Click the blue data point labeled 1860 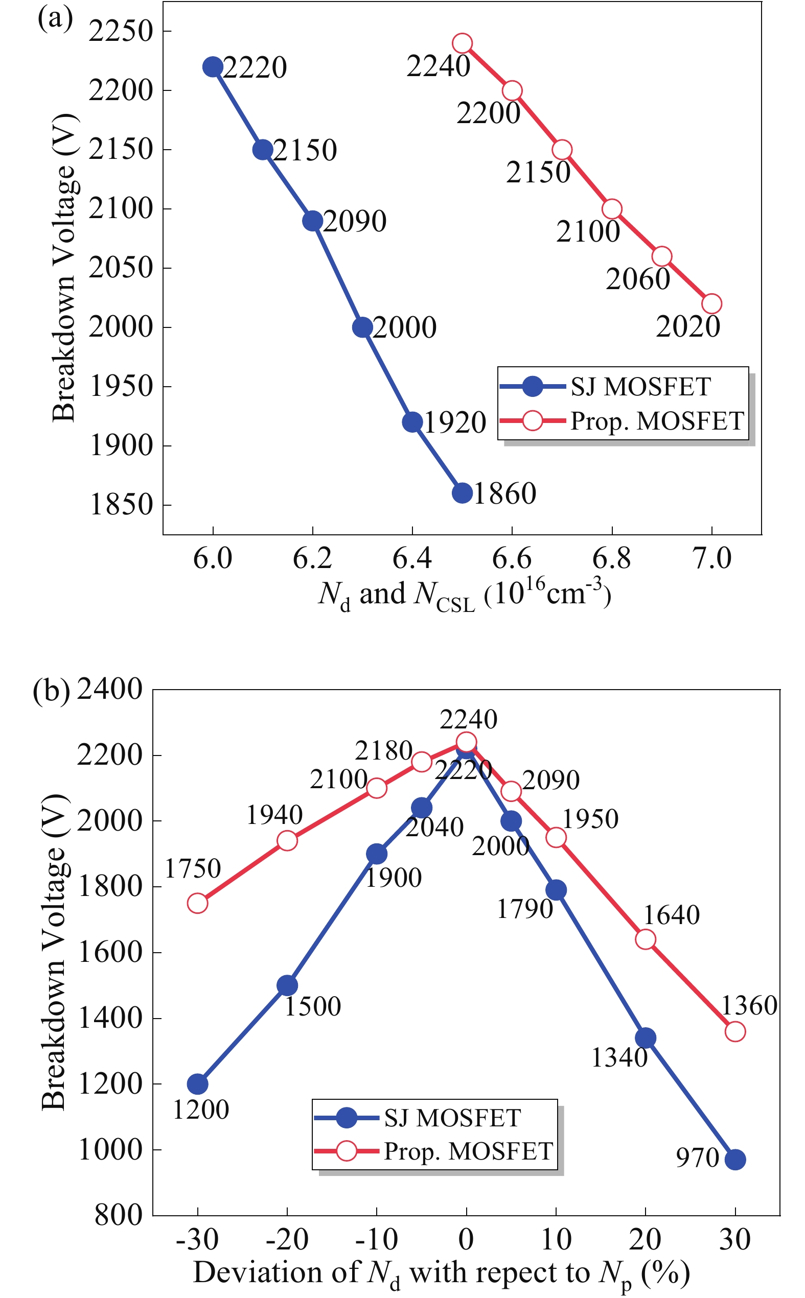462,493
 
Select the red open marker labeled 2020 711,304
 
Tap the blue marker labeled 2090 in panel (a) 312,220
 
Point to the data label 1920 455,423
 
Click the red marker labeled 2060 661,256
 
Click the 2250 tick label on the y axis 121,31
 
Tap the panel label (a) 55,18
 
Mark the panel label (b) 51,691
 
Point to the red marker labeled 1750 197,903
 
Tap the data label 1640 672,915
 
